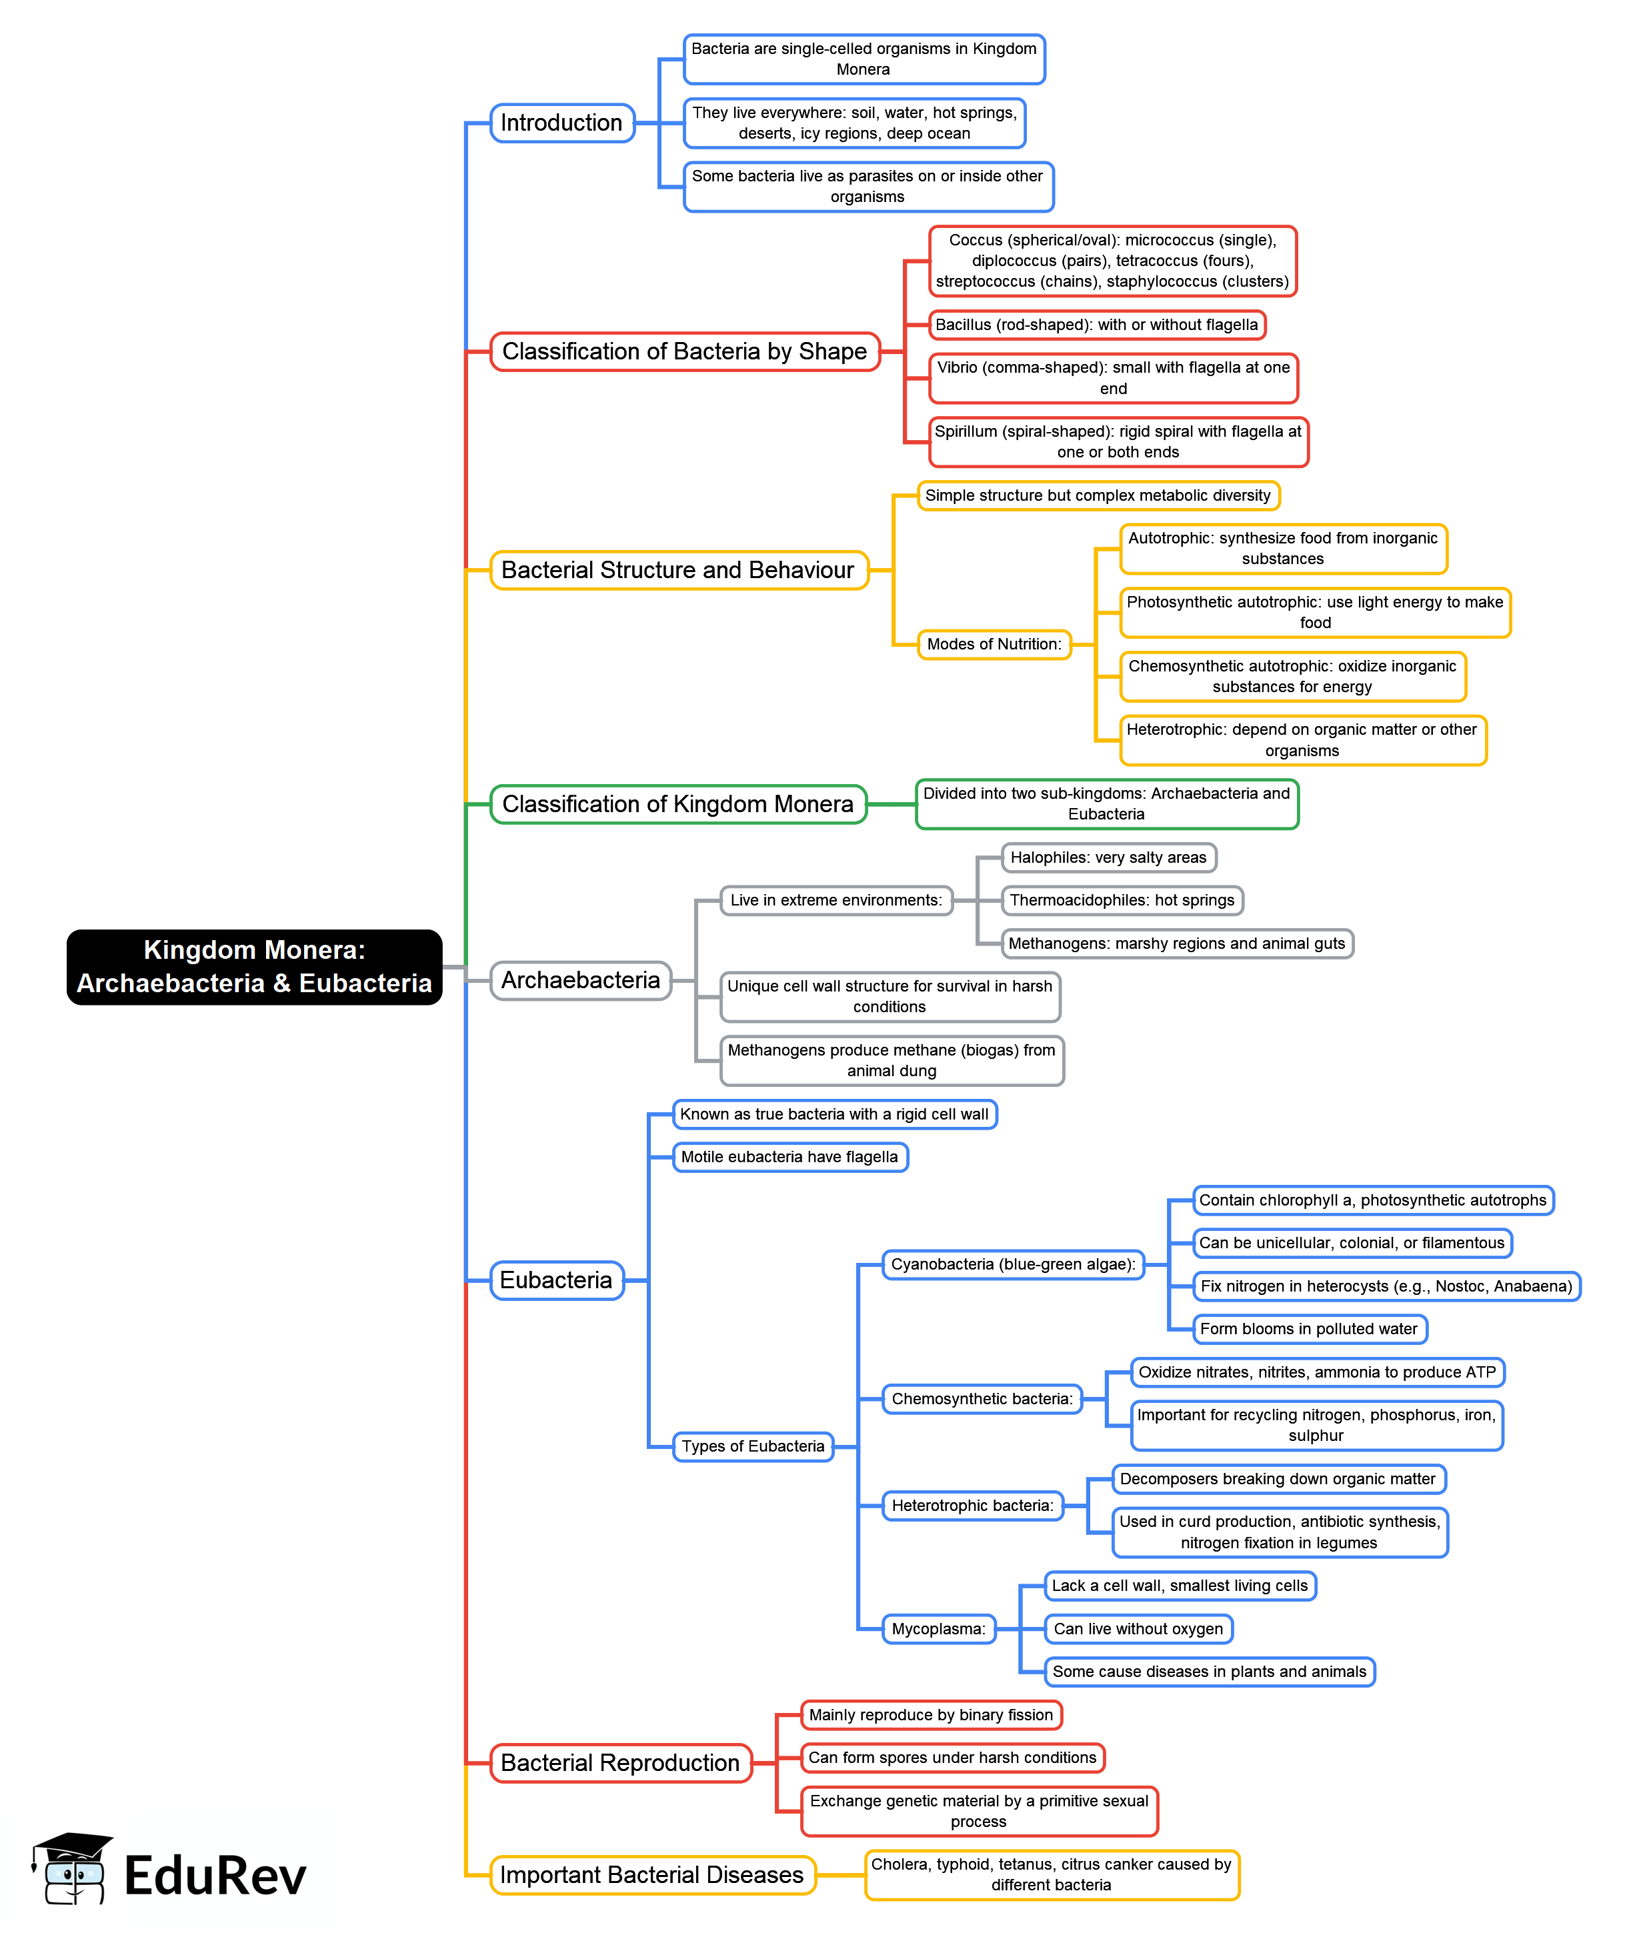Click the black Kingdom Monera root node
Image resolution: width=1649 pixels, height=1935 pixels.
click(x=254, y=967)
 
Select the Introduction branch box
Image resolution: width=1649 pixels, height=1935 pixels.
click(x=562, y=122)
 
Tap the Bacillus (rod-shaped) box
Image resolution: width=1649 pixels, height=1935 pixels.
click(x=1096, y=325)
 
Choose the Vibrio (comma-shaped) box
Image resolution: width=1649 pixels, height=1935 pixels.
click(x=1113, y=377)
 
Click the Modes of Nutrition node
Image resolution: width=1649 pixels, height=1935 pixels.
click(x=994, y=644)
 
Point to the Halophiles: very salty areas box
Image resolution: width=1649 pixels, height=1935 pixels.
click(x=1108, y=857)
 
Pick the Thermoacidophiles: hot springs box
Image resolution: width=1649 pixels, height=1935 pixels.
click(x=1122, y=900)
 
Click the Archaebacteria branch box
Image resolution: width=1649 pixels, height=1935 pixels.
click(x=580, y=981)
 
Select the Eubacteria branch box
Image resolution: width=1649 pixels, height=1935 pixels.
click(x=557, y=1280)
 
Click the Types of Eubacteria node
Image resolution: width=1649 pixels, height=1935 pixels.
click(x=753, y=1446)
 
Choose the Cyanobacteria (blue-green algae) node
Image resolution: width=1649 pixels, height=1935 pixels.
click(x=1013, y=1264)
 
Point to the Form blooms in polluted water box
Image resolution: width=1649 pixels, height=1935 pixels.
click(x=1308, y=1329)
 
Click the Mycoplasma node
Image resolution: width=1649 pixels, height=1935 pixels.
click(x=938, y=1629)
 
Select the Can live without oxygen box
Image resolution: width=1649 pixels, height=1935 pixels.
click(x=1138, y=1629)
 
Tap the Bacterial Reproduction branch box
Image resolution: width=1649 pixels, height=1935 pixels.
click(x=620, y=1763)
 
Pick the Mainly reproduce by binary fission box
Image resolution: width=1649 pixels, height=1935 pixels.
click(x=931, y=1714)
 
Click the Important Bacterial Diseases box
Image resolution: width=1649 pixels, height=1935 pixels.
click(x=651, y=1875)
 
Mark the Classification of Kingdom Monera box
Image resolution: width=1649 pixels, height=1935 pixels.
click(x=678, y=804)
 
